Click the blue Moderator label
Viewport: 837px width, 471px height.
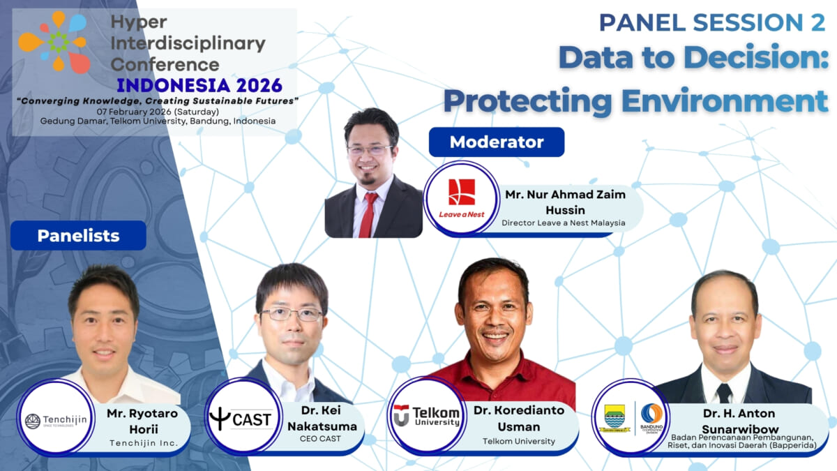[x=496, y=142]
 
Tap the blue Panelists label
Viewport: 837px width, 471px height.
[x=78, y=236]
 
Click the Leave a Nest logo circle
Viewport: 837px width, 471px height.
[x=461, y=197]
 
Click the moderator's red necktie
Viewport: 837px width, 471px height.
[x=368, y=213]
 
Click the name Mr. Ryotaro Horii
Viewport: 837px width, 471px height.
[x=142, y=420]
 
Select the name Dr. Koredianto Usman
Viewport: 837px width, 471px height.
[x=518, y=417]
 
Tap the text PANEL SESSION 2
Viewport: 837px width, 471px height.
[x=711, y=23]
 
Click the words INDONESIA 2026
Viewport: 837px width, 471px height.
[x=199, y=85]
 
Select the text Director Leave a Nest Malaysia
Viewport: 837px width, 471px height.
[x=563, y=223]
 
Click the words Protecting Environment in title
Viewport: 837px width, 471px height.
[x=635, y=100]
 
